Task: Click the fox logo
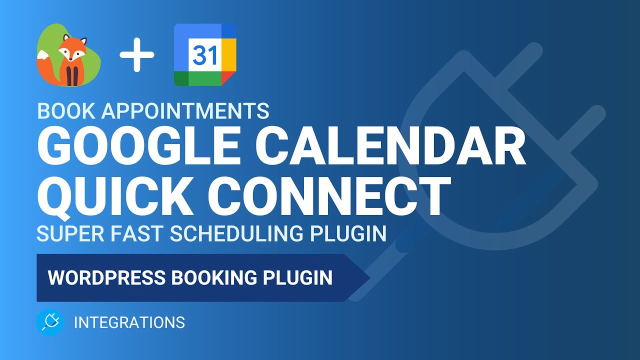coord(69,55)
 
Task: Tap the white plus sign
coord(136,55)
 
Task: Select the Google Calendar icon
coord(205,55)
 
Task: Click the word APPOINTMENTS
coord(185,111)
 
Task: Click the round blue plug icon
coord(50,322)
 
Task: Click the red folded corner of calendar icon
coord(228,78)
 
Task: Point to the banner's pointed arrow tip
coord(368,278)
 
